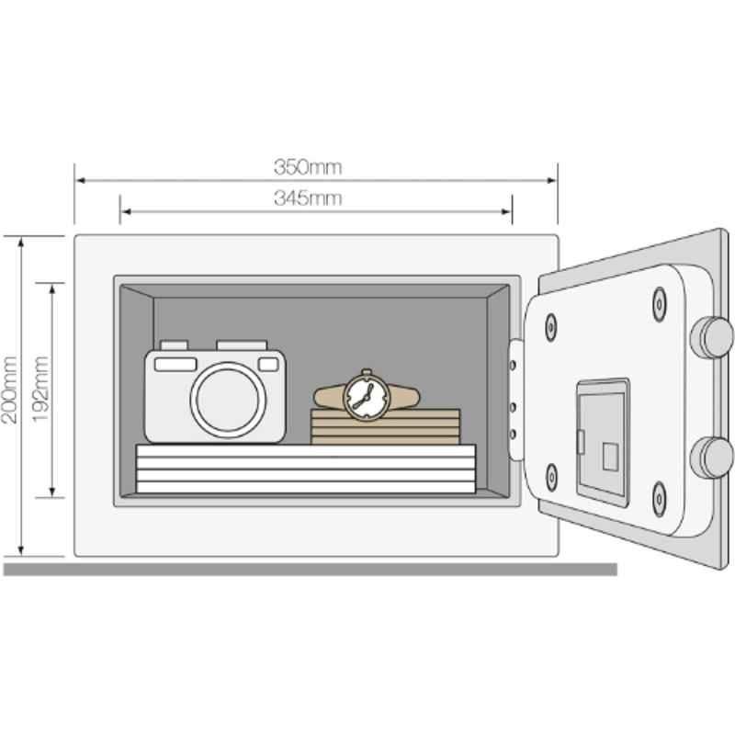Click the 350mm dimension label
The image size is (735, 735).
308,167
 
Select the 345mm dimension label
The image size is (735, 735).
308,198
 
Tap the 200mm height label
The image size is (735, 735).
10,390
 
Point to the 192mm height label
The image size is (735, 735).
40,389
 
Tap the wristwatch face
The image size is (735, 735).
367,397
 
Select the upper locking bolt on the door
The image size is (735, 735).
711,337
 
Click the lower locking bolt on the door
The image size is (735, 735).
711,458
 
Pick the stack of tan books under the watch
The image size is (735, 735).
385,426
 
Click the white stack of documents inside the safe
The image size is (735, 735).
306,469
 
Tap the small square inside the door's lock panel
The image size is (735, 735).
610,456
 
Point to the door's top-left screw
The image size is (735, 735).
550,327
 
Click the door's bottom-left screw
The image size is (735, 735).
552,477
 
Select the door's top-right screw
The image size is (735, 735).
660,304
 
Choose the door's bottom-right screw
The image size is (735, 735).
660,499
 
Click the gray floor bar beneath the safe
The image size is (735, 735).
310,570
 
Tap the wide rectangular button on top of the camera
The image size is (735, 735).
242,345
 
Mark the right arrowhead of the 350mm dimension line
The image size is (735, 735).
552,180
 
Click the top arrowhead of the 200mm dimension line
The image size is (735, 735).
20,242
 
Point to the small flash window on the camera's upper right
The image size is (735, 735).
268,364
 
